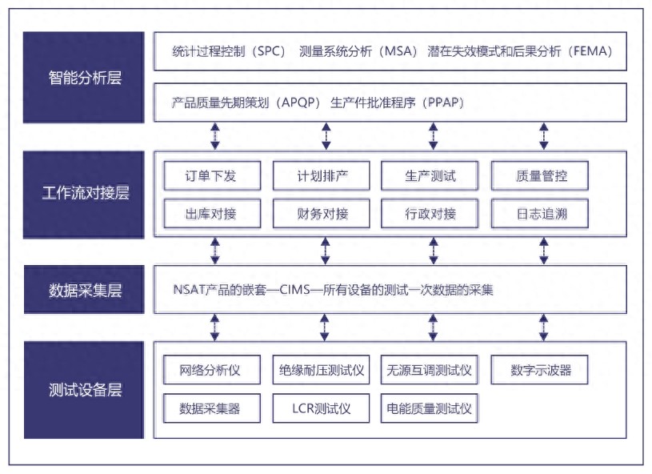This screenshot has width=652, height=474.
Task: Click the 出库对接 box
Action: pyautogui.click(x=211, y=214)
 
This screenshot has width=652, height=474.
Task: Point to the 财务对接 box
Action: pyautogui.click(x=322, y=214)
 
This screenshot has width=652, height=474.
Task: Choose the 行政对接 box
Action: pyautogui.click(x=430, y=214)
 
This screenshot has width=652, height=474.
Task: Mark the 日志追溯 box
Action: pyautogui.click(x=541, y=214)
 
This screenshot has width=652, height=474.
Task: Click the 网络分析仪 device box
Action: pyautogui.click(x=211, y=371)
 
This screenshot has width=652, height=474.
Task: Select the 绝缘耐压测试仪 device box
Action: pyautogui.click(x=322, y=371)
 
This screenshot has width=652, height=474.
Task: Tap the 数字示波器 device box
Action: pyautogui.click(x=541, y=371)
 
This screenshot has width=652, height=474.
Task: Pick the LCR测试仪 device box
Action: pyautogui.click(x=322, y=408)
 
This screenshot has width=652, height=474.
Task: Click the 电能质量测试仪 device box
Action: pyautogui.click(x=430, y=408)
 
